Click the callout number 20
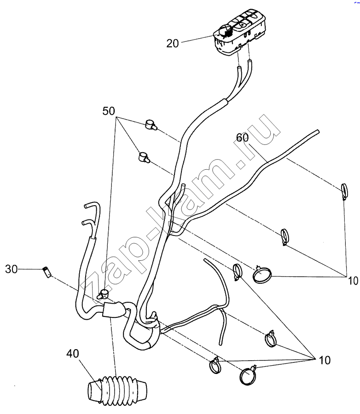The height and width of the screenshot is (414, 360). click(x=173, y=44)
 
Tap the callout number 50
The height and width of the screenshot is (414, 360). click(x=109, y=111)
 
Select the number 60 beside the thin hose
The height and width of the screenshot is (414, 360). click(x=242, y=138)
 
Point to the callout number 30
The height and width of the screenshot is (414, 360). click(x=12, y=269)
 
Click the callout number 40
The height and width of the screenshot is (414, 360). click(x=73, y=354)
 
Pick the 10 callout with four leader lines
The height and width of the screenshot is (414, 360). click(x=325, y=360)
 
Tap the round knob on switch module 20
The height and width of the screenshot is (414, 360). click(x=225, y=31)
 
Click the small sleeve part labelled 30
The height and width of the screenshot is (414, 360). click(x=46, y=272)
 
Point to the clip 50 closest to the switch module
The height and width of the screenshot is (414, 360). click(x=151, y=124)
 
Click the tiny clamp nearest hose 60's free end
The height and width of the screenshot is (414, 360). click(x=344, y=191)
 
